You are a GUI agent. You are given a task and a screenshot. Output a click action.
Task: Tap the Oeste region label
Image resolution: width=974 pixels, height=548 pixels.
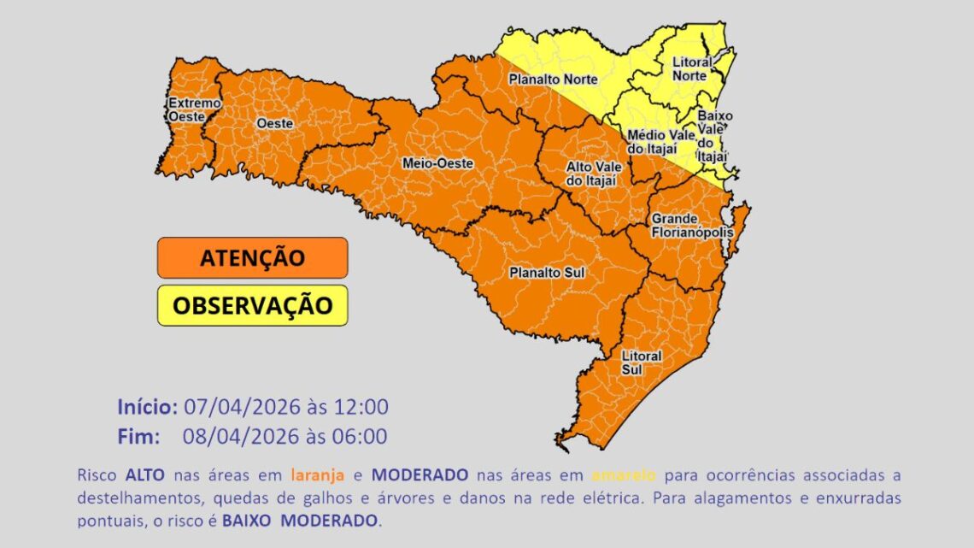pos(274,123)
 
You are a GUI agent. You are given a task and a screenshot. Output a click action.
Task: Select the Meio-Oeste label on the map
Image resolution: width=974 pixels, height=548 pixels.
pos(437,162)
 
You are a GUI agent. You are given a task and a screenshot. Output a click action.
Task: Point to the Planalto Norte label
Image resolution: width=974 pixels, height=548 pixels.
pos(553,80)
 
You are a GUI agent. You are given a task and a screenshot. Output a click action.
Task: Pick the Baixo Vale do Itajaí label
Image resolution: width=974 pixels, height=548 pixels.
pos(712,136)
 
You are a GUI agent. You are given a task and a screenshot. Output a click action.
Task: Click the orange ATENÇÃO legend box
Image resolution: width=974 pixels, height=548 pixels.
pos(252,257)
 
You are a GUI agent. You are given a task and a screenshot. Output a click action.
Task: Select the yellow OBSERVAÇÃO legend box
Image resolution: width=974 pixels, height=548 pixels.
pos(252,305)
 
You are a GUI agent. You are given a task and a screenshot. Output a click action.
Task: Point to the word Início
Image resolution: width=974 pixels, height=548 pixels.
pos(147,406)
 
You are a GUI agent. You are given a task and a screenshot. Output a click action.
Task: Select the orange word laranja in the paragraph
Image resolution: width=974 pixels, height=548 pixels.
pos(319,474)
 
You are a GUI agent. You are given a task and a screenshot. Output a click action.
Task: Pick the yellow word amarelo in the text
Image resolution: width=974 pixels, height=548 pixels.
pos(623,474)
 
